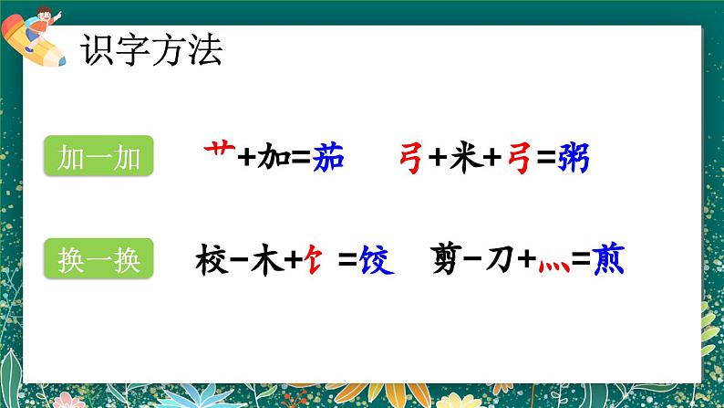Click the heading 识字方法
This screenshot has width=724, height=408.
[x=150, y=50]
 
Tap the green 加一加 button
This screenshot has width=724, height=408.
[x=98, y=158]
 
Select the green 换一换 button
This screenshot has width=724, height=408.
[x=98, y=260]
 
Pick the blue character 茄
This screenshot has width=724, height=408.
[x=326, y=158]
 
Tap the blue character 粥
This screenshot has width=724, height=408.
[x=574, y=159]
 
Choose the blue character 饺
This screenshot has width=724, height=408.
[x=376, y=261]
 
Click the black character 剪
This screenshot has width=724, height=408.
[x=450, y=261]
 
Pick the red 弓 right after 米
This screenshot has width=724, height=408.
[x=518, y=159]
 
